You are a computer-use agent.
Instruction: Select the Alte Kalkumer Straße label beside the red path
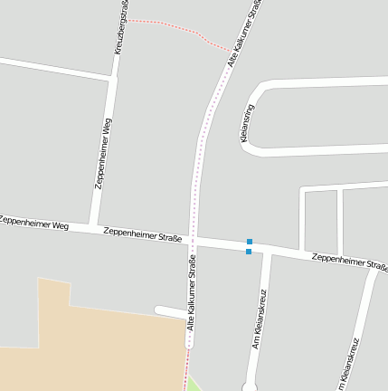pyautogui.click(x=243, y=33)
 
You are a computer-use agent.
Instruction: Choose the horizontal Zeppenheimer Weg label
pyautogui.click(x=34, y=223)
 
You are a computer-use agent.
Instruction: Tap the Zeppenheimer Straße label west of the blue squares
pyautogui.click(x=143, y=235)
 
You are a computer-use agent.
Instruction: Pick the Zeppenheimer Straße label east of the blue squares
pyautogui.click(x=349, y=262)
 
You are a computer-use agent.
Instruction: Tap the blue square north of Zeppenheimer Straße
pyautogui.click(x=249, y=242)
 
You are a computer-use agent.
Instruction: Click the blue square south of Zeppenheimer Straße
pyautogui.click(x=249, y=252)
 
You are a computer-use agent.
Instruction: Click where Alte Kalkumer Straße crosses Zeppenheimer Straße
pyautogui.click(x=192, y=241)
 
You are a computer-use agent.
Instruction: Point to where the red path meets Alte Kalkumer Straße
pyautogui.click(x=227, y=50)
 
